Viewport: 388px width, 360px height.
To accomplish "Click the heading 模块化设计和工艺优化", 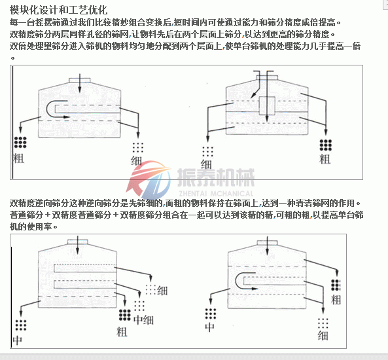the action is click(58, 10).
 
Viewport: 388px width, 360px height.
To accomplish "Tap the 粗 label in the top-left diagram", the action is click(19, 158).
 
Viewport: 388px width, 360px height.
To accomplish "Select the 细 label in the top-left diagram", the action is click(136, 161).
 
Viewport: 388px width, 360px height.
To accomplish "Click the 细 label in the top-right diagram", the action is click(206, 164).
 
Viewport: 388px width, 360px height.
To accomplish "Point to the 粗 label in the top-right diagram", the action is click(325, 159).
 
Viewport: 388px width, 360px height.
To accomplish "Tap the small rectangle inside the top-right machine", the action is click(267, 106).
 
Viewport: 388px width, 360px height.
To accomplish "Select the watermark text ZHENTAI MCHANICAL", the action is click(216, 193).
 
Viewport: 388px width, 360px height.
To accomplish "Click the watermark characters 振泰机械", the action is click(216, 177).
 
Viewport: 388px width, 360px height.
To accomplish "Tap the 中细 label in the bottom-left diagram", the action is click(143, 320).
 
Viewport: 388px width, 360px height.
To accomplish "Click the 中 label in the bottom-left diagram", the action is click(18, 340).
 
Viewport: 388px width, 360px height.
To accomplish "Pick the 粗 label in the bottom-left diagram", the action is click(122, 332).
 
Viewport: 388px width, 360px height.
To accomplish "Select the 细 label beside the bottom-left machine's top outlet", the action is click(162, 291).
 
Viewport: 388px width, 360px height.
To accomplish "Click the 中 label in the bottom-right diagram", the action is click(210, 327).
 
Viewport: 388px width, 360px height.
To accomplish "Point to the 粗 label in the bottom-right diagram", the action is click(336, 300).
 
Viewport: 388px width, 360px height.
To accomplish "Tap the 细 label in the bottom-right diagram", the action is click(323, 336).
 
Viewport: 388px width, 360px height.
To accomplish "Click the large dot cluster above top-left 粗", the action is click(20, 143).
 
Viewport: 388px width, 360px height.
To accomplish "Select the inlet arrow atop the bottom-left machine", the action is click(78, 245).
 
